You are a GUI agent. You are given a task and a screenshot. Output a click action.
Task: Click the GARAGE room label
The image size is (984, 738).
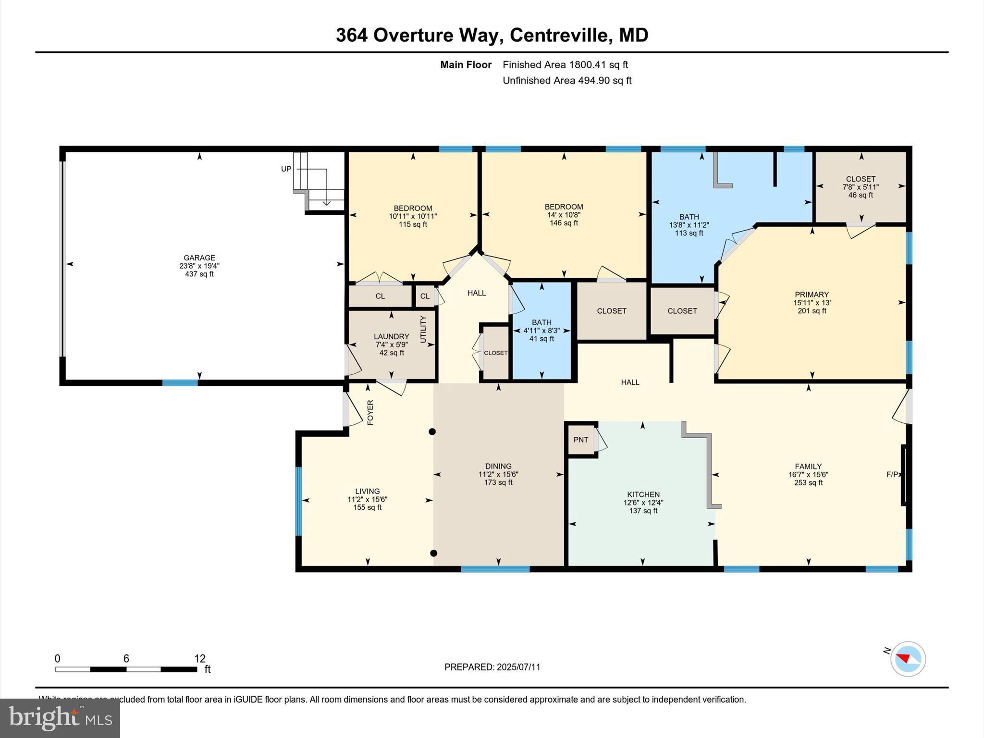pos(199,258)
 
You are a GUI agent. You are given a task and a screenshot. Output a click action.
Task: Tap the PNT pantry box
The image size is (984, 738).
pos(580,440)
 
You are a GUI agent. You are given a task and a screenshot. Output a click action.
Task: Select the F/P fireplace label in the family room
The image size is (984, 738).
pos(892,474)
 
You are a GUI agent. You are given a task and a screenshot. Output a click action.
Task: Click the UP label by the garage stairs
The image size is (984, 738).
pos(286,169)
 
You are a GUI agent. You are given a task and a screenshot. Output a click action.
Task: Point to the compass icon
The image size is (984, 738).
pos(908,659)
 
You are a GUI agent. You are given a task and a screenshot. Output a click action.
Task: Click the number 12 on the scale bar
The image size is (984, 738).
pos(200,659)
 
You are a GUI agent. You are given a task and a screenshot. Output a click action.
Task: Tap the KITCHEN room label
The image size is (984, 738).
pos(643,494)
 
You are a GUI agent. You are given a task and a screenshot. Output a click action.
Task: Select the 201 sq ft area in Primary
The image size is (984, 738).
pos(812,311)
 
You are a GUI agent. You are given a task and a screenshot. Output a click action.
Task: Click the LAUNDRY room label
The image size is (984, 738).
pos(392,337)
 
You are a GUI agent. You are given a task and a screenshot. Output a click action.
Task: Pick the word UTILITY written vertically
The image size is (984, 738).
pos(423,329)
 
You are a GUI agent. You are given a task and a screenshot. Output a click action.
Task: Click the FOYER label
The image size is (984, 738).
pos(370,412)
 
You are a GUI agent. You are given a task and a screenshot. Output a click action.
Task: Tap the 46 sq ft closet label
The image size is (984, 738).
pos(861,195)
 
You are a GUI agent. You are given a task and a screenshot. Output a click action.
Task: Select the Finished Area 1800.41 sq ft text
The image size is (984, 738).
pos(565,65)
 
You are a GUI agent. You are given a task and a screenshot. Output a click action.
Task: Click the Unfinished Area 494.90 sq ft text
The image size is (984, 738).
pos(567,81)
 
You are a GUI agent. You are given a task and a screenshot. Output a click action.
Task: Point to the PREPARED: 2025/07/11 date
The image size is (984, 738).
pos(492,667)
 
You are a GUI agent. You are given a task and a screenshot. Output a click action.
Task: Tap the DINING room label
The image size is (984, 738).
pos(498,466)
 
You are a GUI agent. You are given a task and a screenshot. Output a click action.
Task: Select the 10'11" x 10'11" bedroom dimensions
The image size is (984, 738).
pos(413,216)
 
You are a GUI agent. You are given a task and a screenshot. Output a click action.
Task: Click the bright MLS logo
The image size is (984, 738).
pos(60,718)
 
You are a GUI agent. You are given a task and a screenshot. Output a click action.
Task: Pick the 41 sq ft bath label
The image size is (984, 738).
pos(541,339)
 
